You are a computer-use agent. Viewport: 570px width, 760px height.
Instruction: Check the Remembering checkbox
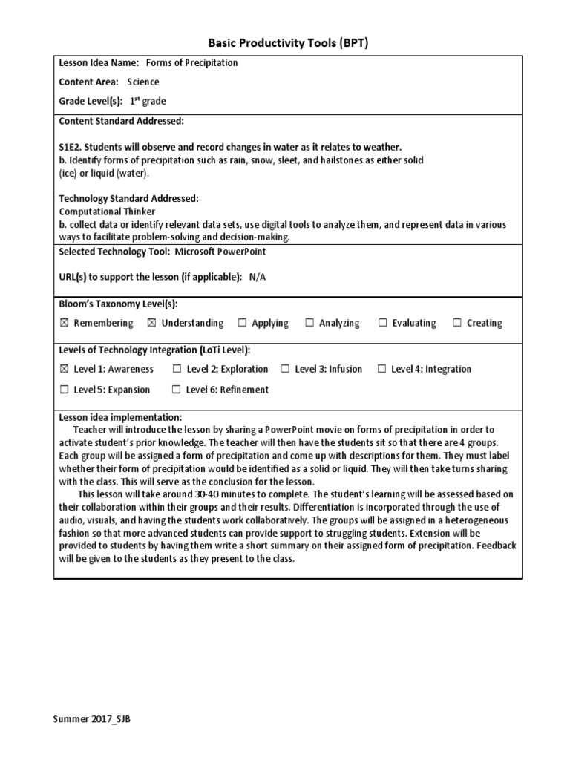click(64, 323)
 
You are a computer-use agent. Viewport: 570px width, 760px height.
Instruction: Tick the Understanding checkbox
click(151, 323)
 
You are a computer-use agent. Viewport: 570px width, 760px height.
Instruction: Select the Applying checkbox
click(242, 323)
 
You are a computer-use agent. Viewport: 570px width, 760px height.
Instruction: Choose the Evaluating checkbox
click(382, 323)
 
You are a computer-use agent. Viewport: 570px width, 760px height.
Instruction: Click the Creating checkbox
click(457, 323)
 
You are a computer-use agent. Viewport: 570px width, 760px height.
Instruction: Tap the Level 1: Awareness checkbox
click(64, 369)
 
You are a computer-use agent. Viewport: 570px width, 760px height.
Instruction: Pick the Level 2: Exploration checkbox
click(177, 369)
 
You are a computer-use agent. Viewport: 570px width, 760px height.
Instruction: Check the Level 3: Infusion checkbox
click(285, 369)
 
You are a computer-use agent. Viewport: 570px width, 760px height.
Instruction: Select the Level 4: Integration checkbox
click(381, 369)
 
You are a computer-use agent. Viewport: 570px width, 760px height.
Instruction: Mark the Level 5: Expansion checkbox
click(64, 390)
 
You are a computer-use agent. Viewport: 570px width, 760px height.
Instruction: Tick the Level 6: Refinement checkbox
click(176, 390)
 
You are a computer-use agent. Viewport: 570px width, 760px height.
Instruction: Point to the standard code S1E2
click(73, 147)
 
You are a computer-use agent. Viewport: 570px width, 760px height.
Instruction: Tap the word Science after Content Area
click(143, 82)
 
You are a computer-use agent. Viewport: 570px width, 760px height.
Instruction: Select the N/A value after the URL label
click(257, 277)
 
